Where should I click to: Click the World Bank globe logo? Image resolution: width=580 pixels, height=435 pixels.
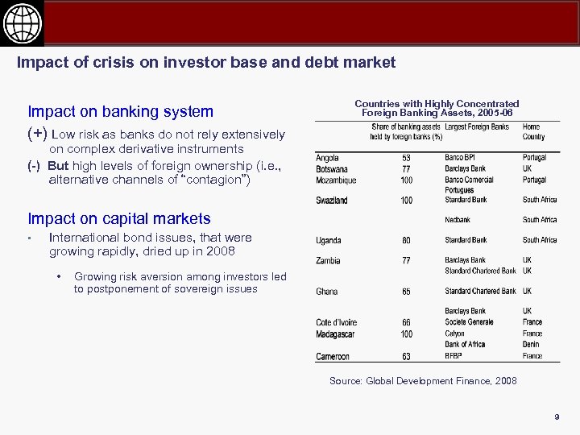[22, 22]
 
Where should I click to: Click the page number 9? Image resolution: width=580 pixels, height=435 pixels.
[556, 416]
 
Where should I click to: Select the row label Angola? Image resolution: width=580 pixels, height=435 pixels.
[327, 158]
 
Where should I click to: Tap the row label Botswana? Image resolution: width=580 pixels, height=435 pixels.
[332, 169]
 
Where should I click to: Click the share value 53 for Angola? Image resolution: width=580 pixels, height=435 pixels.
[406, 159]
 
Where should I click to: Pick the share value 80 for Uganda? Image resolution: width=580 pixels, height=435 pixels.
[406, 241]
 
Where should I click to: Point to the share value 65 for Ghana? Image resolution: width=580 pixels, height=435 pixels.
[406, 292]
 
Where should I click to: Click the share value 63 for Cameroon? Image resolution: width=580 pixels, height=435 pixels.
[406, 356]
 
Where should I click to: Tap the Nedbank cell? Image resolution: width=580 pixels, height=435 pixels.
[458, 220]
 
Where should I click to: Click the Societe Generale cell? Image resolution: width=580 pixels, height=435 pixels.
[469, 322]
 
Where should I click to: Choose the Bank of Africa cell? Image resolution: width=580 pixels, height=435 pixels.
[465, 345]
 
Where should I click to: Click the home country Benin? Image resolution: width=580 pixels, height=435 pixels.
[532, 345]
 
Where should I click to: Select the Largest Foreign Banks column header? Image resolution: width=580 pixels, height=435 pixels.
[477, 127]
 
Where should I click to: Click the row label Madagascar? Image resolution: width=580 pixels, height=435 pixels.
[336, 333]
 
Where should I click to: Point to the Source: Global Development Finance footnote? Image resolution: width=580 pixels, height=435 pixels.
[423, 381]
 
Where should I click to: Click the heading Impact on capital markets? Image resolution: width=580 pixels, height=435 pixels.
[119, 218]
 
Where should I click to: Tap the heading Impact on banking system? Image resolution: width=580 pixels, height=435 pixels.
[121, 111]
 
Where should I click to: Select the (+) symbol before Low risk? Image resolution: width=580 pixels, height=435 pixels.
[37, 134]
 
